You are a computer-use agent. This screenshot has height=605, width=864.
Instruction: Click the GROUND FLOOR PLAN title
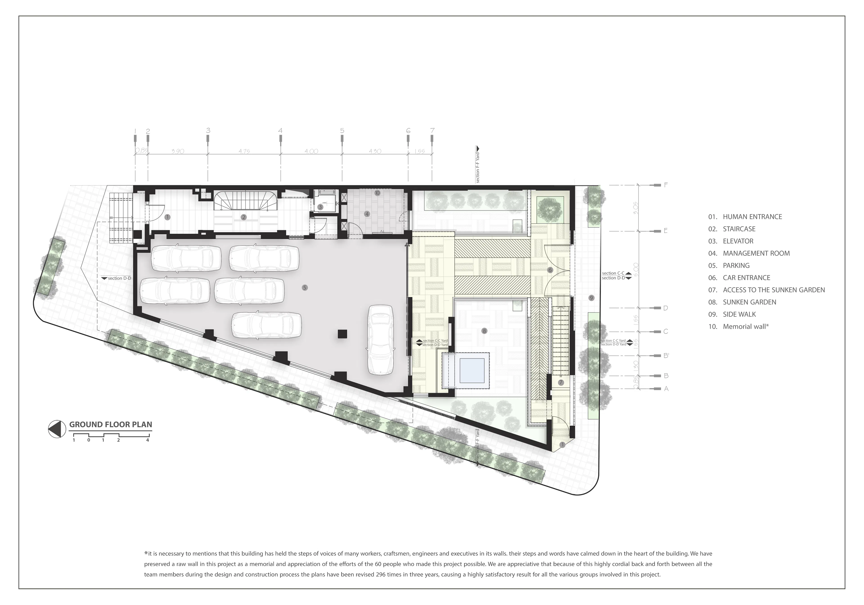[x=111, y=424]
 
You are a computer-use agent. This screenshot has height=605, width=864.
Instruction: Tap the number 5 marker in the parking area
[x=305, y=288]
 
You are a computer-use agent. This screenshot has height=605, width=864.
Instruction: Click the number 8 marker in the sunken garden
[x=484, y=331]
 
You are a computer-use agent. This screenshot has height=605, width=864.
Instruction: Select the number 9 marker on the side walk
[x=591, y=298]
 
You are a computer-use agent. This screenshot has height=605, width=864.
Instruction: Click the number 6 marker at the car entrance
[x=550, y=270]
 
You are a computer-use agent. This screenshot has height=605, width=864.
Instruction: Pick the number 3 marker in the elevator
[x=320, y=207]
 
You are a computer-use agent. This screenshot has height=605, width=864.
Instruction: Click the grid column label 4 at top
[x=280, y=131]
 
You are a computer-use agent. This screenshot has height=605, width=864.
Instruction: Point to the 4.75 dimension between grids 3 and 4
[x=244, y=151]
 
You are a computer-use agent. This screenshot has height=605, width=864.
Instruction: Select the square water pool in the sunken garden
[x=472, y=370]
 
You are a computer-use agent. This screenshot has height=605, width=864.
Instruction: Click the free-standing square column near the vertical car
[x=342, y=334]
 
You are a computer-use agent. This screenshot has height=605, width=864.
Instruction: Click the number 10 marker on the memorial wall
[x=377, y=193]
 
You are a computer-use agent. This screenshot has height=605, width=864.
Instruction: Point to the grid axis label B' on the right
[x=666, y=355]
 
